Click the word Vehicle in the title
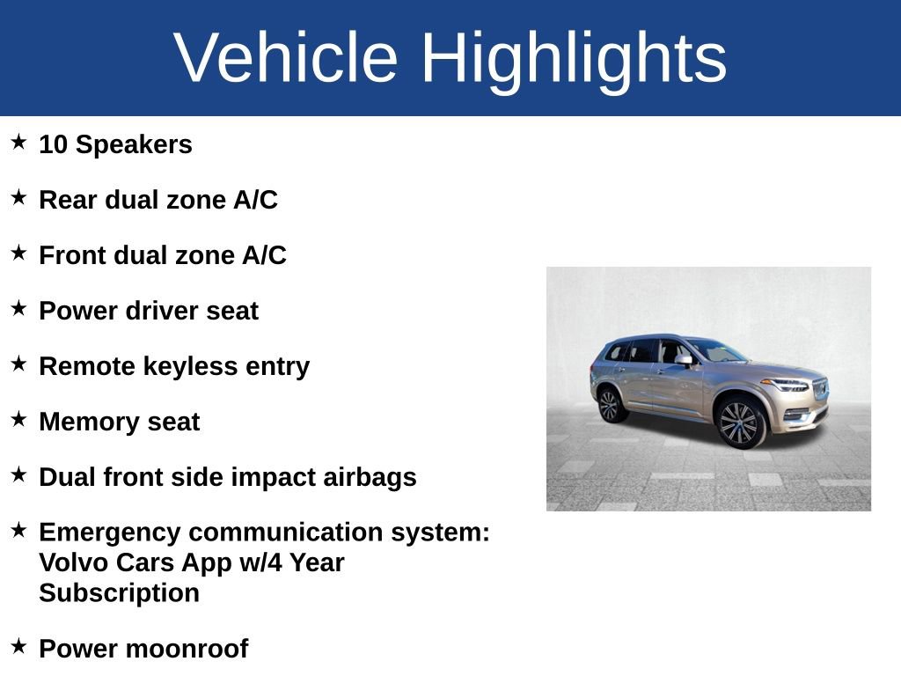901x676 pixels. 286,58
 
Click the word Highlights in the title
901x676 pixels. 574,58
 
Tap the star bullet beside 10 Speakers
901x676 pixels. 19,142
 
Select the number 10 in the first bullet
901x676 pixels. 53,145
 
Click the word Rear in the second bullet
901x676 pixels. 68,201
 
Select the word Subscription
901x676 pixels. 119,593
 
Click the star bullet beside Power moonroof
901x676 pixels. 19,646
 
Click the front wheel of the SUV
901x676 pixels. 738,422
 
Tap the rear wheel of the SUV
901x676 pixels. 609,405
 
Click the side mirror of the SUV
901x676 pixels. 684,360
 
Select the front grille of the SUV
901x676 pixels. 820,388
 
